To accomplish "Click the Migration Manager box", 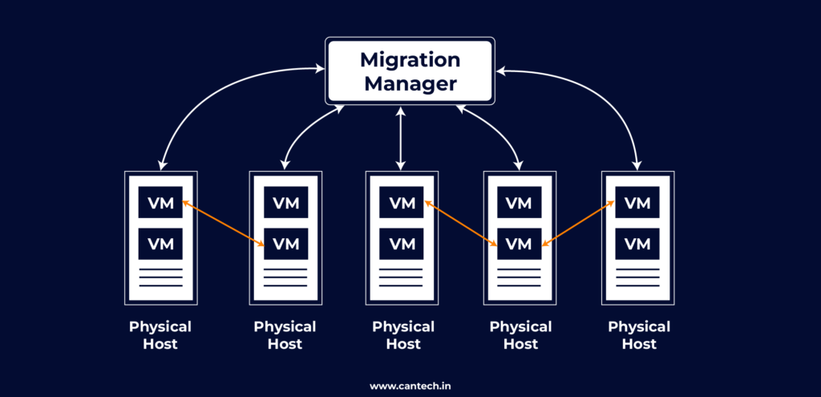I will coord(410,71).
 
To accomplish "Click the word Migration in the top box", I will coord(410,59).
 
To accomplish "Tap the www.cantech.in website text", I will coord(410,385).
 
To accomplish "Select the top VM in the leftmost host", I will coord(160,202).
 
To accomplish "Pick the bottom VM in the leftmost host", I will coord(160,243).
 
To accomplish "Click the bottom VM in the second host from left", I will coord(285,243).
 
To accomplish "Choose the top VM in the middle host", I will coord(402,202).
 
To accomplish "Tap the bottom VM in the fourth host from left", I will coord(520,243).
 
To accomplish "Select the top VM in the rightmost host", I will coord(637,202).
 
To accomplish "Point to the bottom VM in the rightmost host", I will coord(637,243).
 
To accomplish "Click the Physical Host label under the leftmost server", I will coord(160,335).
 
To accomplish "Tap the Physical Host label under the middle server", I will coord(402,335).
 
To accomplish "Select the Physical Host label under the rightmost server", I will coord(638,335).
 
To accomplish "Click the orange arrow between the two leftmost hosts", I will coord(224,224).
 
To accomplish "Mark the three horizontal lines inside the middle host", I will coord(402,277).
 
